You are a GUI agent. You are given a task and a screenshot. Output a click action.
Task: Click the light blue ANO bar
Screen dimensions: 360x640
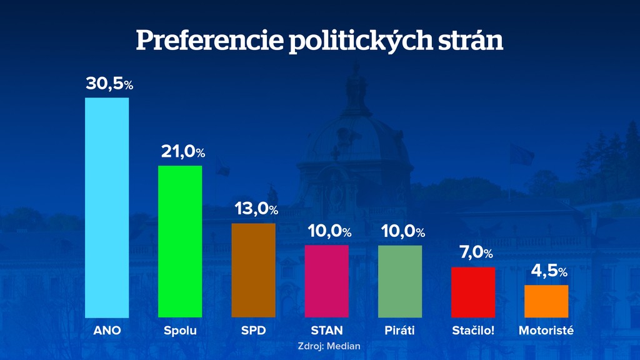tap(107, 207)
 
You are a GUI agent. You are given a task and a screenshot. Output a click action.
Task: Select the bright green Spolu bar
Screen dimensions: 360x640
tap(180, 241)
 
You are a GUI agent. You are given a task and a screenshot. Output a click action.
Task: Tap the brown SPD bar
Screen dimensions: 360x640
tap(253, 270)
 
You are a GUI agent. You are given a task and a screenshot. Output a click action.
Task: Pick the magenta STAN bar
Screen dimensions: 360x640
tap(327, 281)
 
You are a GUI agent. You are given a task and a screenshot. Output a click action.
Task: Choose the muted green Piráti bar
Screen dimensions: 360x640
tap(400, 281)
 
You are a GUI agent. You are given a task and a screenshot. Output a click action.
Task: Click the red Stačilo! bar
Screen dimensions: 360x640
tap(473, 292)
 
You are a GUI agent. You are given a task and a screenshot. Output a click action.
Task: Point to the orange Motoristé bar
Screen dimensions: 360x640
tap(546, 301)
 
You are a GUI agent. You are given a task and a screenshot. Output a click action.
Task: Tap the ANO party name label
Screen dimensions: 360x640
tap(107, 331)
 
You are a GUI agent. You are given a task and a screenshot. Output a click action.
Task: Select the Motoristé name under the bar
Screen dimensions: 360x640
tap(546, 331)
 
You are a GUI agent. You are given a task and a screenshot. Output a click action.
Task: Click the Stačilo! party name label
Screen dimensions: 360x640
tap(473, 331)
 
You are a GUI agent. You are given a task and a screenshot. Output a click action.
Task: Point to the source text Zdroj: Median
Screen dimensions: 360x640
tap(329, 346)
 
